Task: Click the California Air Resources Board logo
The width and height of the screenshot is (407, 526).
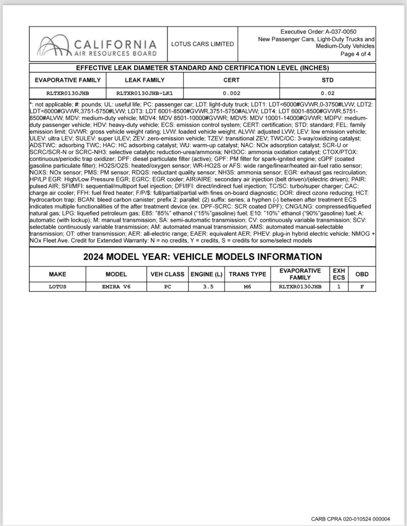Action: (97, 44)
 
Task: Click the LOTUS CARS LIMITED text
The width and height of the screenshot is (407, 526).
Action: (203, 44)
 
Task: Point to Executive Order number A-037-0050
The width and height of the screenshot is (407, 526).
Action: (341, 32)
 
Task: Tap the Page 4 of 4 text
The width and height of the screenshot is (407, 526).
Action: (355, 54)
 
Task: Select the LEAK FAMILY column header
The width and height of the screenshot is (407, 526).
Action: (145, 80)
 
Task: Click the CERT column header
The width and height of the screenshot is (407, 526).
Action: (231, 80)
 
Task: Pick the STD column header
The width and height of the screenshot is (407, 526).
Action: (328, 80)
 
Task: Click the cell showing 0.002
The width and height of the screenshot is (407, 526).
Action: (231, 93)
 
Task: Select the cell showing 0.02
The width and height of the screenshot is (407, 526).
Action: (328, 93)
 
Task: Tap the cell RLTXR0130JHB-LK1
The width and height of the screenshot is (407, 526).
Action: (145, 93)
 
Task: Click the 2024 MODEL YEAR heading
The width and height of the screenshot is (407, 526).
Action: (203, 257)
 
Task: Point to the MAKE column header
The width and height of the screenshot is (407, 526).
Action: (57, 274)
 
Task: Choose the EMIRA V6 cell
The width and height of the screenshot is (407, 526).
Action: (116, 287)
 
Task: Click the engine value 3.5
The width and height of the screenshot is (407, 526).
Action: (208, 287)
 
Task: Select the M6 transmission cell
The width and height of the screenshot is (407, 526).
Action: (247, 287)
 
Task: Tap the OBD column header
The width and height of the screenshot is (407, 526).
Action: (362, 274)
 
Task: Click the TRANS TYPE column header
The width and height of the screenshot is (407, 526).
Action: (247, 274)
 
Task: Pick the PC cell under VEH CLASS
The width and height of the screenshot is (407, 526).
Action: (167, 287)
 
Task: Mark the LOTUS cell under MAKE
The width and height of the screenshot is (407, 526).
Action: (57, 287)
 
